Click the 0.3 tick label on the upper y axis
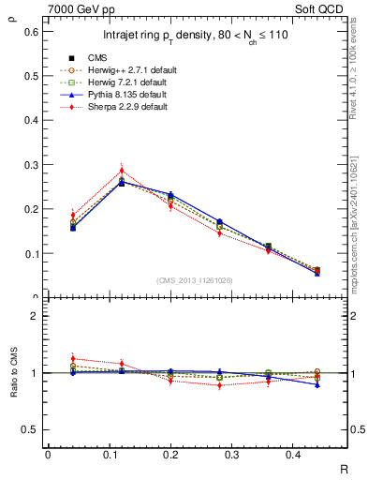(x=30, y=164)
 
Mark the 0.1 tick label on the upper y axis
(x=30, y=253)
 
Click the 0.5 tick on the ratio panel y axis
(x=30, y=429)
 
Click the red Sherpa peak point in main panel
(x=122, y=170)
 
